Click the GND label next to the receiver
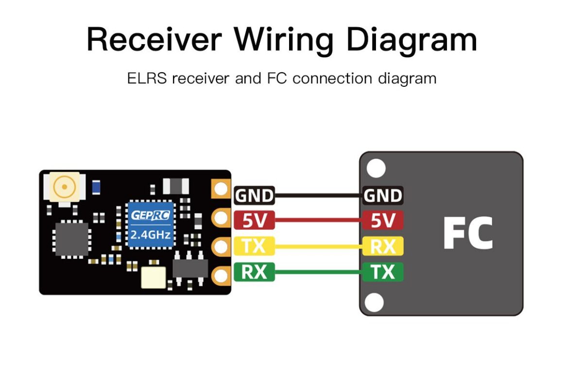coord(254,196)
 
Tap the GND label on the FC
coord(383,196)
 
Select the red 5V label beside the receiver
coord(254,221)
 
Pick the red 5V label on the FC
coord(383,221)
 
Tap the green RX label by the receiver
coord(254,272)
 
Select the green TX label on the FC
coord(383,272)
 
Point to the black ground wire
coord(318,196)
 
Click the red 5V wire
coord(318,222)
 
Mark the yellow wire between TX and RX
coord(318,247)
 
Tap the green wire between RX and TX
coord(318,273)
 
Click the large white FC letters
coord(467,234)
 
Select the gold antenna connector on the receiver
coord(62,187)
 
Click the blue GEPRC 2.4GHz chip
coord(150,225)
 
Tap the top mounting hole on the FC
coord(376,168)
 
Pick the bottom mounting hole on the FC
coord(375,303)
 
